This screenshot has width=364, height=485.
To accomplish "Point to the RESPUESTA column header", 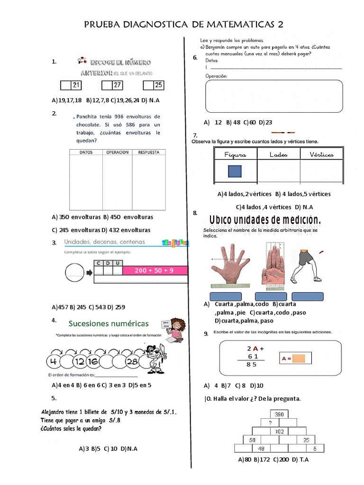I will point(152,153).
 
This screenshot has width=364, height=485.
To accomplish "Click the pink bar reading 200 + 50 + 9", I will point(155,270).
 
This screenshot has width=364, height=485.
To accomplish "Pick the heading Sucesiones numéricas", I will point(109,324).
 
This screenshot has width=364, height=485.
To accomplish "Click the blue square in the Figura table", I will point(235,171).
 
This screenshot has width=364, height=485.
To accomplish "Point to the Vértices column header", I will point(321,154).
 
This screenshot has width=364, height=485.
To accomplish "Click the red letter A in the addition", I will point(255,348).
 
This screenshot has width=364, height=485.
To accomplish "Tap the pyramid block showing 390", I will point(279,414).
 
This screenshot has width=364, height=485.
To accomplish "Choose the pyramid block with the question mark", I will point(270,422).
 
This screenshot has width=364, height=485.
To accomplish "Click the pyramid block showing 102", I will point(279,431).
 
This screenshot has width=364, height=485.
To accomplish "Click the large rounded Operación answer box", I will point(274,96).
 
